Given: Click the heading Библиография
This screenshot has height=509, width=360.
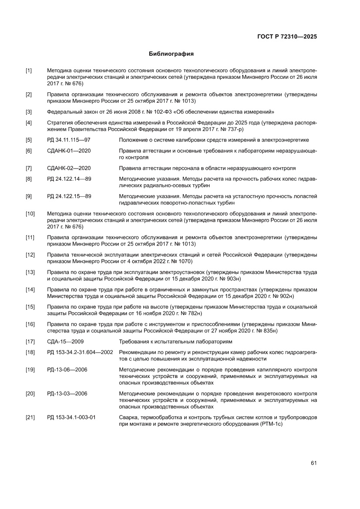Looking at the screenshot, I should [171, 54].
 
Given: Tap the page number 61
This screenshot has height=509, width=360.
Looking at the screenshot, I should [313, 463].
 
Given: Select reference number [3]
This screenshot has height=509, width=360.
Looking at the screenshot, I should [29, 111].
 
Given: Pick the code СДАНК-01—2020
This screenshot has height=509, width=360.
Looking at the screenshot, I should [69, 151].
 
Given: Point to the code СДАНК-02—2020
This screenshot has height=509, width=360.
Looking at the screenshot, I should [69, 168].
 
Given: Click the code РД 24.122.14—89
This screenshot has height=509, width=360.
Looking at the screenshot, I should [69, 179].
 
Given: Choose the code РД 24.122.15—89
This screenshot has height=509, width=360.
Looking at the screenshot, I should [69, 196].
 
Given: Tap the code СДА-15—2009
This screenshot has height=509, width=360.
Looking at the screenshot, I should [65, 341].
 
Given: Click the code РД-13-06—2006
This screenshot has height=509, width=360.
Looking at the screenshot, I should [67, 369].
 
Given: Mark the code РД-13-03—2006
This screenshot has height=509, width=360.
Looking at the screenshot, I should [67, 393].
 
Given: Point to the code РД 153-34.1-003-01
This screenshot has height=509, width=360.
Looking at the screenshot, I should [71, 417].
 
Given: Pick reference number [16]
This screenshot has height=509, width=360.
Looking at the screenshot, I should [30, 324].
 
